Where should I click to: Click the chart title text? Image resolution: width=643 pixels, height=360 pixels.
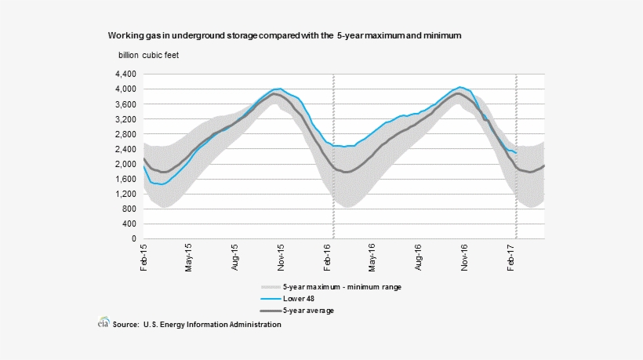[285, 36]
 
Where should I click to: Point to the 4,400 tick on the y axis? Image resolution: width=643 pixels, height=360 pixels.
[126, 74]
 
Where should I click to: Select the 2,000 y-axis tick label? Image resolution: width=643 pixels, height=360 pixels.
[126, 164]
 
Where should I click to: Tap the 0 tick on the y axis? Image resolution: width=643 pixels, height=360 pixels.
[135, 238]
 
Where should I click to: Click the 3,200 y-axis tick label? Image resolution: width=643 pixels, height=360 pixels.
[126, 119]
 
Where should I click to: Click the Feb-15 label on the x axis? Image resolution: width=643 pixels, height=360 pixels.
[144, 257]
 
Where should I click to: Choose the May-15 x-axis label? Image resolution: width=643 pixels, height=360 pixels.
[189, 257]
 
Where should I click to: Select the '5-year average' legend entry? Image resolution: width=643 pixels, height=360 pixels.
[308, 311]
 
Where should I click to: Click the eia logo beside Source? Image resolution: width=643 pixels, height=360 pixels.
[102, 323]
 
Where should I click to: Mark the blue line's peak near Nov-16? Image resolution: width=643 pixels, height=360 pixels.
[460, 87]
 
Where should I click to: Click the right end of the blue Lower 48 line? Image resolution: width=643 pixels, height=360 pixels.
[515, 153]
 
